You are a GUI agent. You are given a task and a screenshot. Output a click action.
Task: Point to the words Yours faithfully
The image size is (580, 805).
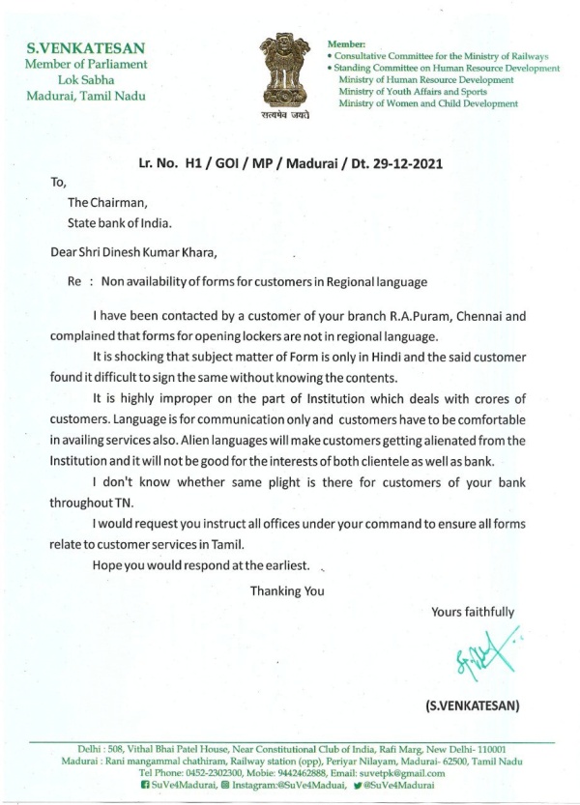[x=473, y=612]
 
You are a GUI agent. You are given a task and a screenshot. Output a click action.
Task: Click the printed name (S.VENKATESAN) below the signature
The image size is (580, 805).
[x=473, y=704]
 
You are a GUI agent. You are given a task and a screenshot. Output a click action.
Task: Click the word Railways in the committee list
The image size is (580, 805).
[x=528, y=57]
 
